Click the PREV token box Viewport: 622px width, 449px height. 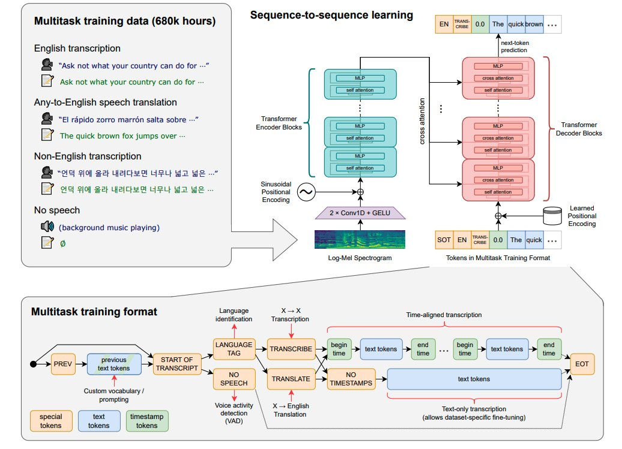(x=62, y=363)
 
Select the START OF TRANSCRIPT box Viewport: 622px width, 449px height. (x=177, y=363)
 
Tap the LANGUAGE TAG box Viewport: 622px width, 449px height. (x=234, y=348)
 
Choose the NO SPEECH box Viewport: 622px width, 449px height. (x=234, y=378)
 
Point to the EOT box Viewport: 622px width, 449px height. (x=581, y=363)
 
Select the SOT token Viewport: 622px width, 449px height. (x=444, y=240)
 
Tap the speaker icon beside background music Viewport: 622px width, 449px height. (x=47, y=227)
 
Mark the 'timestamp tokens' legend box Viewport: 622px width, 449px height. (x=148, y=420)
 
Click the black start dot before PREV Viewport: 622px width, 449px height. (x=32, y=364)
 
